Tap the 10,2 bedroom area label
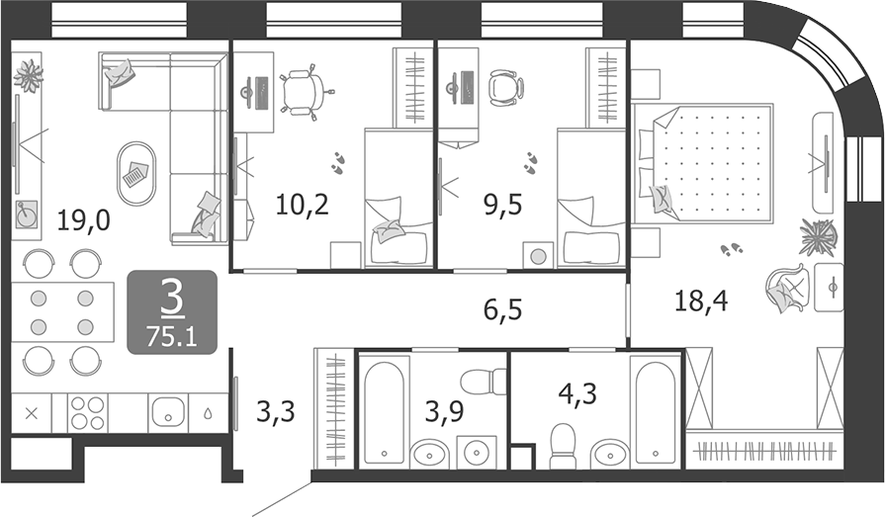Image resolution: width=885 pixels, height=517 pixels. point(302,204)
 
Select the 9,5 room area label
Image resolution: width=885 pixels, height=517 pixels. point(503,205)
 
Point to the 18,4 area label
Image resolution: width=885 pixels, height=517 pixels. point(701,301)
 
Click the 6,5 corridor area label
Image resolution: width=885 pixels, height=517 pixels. point(503,309)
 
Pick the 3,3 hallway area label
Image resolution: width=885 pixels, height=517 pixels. point(276,411)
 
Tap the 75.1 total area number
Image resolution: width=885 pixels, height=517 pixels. point(172,337)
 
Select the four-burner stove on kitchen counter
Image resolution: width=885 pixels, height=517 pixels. point(87,413)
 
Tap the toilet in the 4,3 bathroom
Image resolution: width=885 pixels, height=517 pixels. point(563,446)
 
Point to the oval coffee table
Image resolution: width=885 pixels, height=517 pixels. point(136,174)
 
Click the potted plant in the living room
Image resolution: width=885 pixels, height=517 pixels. point(29,75)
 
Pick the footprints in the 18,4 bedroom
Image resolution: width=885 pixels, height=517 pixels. point(732,248)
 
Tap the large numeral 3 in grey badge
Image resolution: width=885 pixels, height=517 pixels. point(172,300)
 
